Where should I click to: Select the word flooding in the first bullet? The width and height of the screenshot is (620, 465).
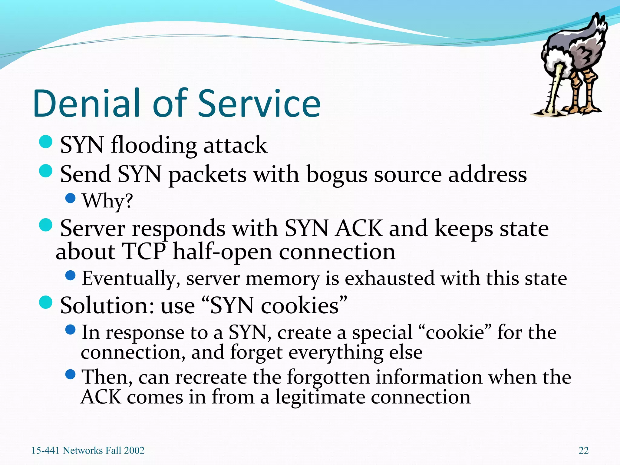(154, 145)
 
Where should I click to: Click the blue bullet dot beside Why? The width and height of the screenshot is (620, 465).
(70, 198)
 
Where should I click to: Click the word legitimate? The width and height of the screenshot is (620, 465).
(320, 397)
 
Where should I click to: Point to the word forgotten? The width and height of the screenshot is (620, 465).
(328, 377)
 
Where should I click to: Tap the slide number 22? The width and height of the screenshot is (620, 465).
(583, 450)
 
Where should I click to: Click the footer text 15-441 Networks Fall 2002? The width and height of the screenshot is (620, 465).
(88, 450)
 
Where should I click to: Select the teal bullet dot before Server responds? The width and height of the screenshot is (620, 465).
(46, 225)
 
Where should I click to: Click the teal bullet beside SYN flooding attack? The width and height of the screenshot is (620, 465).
(46, 142)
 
